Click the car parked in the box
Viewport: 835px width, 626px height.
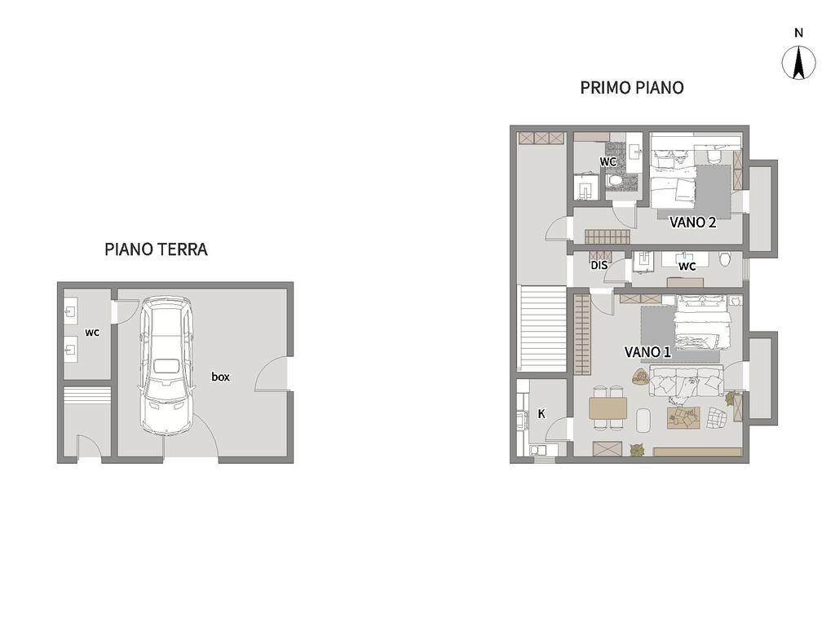point(165,367)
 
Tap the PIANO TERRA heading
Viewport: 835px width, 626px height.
point(156,249)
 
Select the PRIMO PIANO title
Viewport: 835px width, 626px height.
point(632,87)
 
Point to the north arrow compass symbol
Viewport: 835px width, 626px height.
point(798,63)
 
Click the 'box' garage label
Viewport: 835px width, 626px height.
point(220,377)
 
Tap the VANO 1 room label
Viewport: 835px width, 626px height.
point(647,352)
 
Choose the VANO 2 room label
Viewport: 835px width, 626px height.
point(693,222)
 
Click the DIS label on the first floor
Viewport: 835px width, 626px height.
point(599,265)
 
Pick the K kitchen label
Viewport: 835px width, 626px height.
point(541,413)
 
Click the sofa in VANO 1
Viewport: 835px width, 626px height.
point(685,381)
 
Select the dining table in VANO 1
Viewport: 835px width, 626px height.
point(608,408)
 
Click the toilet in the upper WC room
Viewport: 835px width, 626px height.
point(615,181)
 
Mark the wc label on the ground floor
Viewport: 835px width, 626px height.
point(92,333)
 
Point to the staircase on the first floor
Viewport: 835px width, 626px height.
point(542,328)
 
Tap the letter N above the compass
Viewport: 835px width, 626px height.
point(798,33)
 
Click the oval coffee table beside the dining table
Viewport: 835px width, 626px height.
point(643,421)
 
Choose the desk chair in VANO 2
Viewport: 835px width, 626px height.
point(714,155)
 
